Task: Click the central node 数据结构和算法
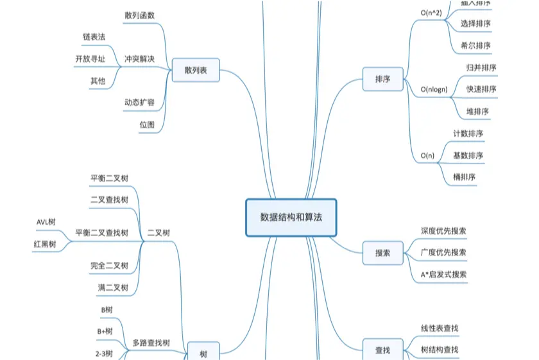coord(291,217)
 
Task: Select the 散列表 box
coord(196,70)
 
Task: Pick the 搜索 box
coord(382,253)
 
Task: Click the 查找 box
coord(382,350)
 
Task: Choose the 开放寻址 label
coord(90,59)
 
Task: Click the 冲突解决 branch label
coord(139,59)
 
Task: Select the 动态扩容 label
coord(139,102)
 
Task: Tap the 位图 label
coord(147,124)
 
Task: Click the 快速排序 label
coord(481,89)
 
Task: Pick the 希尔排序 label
coord(475,46)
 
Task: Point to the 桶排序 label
coord(464,176)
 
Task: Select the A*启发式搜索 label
coord(443,274)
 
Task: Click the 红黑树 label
coord(45,244)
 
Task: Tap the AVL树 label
coord(46,222)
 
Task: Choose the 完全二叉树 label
coord(109,265)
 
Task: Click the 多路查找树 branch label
coord(151,343)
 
